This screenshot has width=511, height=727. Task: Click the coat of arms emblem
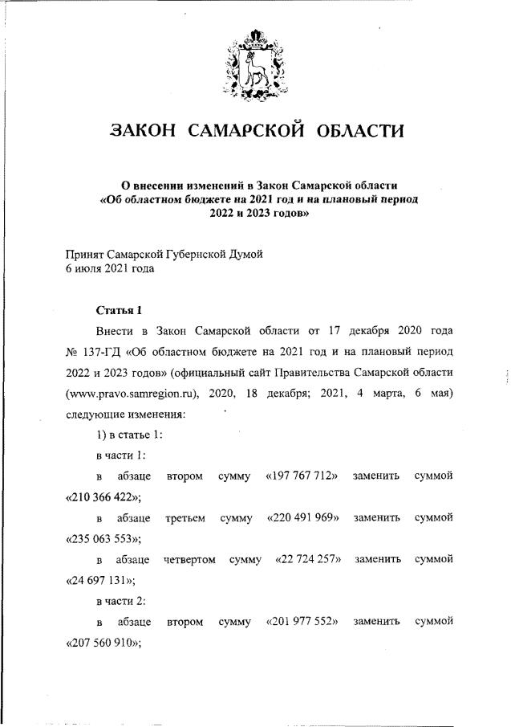click(254, 64)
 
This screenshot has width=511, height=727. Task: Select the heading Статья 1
click(119, 310)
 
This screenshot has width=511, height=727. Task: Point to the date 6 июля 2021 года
click(109, 269)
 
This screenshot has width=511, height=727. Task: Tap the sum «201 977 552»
click(302, 623)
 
